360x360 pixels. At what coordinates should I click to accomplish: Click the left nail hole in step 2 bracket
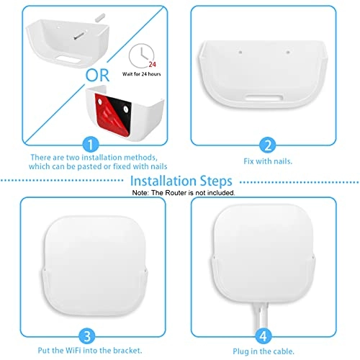[238, 53]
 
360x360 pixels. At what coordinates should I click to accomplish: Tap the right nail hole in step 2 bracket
[288, 53]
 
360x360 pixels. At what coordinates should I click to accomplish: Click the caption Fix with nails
[266, 161]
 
